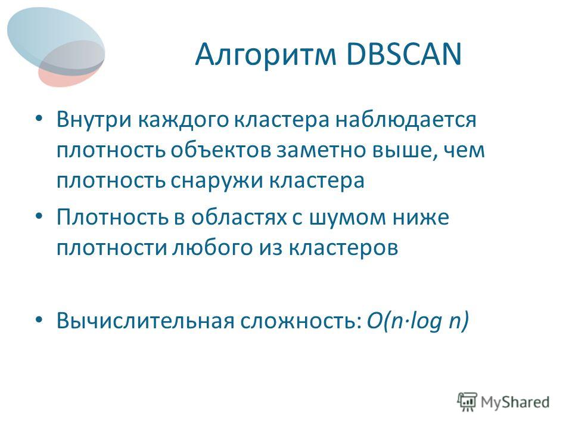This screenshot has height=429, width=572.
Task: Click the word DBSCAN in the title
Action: tap(404, 54)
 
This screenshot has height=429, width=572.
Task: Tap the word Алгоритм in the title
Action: tap(265, 55)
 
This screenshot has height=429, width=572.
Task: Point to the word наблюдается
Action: tap(406, 120)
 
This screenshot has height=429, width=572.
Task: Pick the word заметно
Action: tap(321, 151)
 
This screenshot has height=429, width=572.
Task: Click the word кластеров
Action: tap(343, 248)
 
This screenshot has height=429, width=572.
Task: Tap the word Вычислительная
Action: tap(145, 321)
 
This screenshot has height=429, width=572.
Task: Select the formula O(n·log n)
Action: tap(417, 321)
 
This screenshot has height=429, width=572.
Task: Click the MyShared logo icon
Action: tap(467, 402)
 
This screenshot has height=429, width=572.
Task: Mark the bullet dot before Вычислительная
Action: tap(39, 320)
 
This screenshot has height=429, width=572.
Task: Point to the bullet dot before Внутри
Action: tap(39, 119)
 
